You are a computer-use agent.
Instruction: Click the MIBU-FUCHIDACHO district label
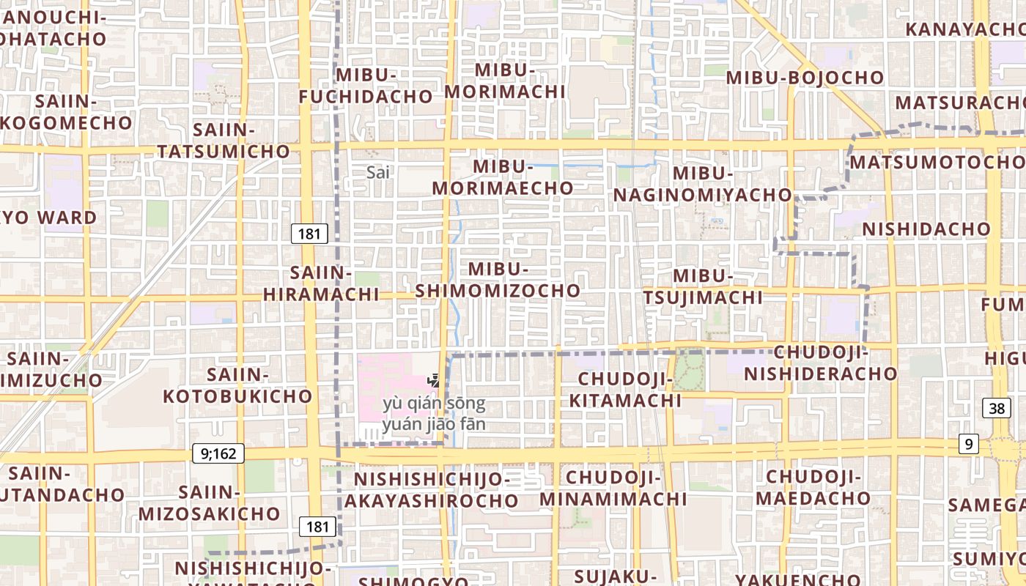tap(366, 86)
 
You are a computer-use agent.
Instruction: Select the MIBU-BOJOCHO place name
tap(805, 77)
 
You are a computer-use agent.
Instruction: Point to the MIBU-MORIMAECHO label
tap(502, 177)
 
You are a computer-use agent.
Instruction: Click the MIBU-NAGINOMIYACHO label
tap(703, 184)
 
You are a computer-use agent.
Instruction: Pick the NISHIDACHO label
tap(926, 229)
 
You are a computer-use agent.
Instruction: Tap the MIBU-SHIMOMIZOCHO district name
tap(498, 280)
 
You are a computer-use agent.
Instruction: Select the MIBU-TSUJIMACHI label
tap(703, 286)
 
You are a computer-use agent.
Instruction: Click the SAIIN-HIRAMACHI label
tap(321, 283)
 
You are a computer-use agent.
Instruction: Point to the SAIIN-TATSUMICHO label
tap(224, 141)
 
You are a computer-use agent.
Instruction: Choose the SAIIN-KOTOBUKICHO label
tap(237, 385)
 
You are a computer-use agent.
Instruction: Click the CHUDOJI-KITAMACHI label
tap(625, 390)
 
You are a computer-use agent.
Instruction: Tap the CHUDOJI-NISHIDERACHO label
tap(821, 363)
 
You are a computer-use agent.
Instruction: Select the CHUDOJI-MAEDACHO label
tap(813, 488)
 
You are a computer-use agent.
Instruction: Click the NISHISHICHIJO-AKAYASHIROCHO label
tap(431, 490)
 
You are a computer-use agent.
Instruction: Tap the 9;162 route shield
tap(218, 453)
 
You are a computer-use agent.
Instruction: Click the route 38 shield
tap(997, 409)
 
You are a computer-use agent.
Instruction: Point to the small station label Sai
tap(378, 172)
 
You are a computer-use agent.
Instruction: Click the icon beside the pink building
tap(435, 379)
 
